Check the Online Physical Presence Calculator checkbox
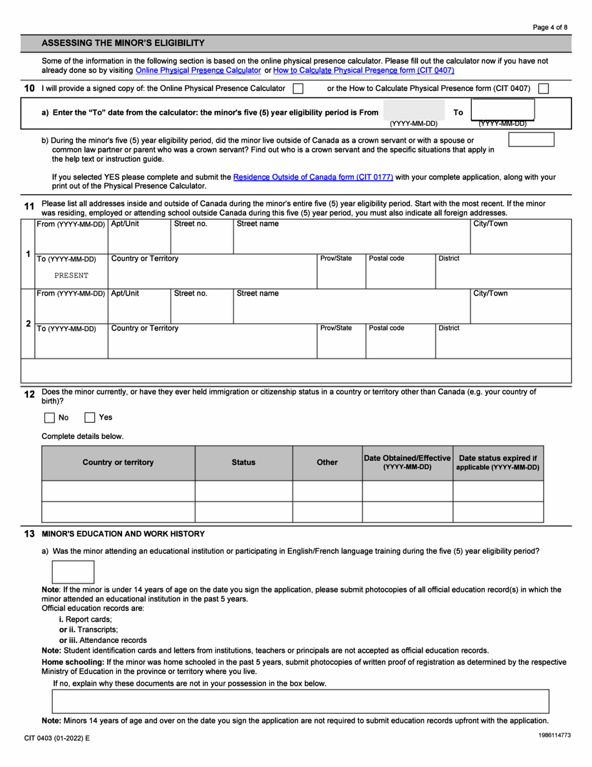[298, 89]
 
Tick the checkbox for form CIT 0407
[543, 89]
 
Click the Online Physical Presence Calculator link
[198, 70]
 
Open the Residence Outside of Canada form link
[313, 177]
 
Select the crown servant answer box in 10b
[531, 140]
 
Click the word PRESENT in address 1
[71, 275]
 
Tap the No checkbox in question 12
[50, 418]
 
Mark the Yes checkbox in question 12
[90, 418]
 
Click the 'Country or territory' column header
[118, 463]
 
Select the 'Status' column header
[243, 463]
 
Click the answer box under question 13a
[73, 572]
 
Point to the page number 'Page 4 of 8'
[550, 27]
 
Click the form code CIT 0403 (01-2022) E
[57, 738]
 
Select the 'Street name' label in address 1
[258, 224]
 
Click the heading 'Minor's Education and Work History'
[122, 534]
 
